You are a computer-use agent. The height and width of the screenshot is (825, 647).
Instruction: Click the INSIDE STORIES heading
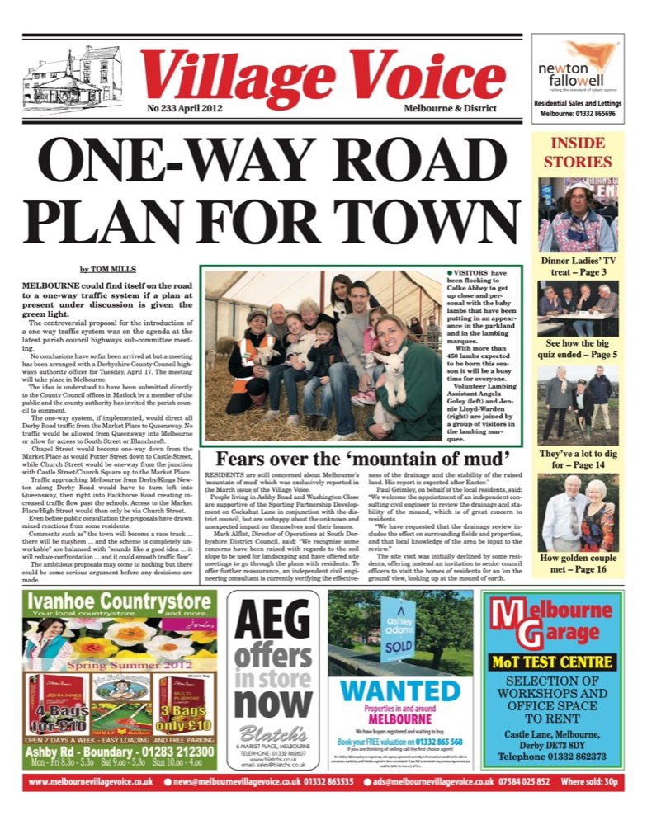click(x=578, y=153)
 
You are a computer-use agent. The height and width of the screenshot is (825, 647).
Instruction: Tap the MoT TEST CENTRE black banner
click(x=564, y=661)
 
